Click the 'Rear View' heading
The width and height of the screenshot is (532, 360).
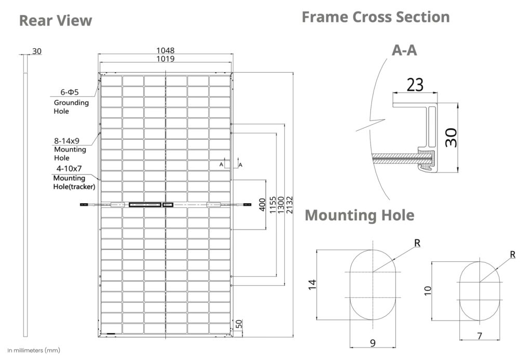pos(56,20)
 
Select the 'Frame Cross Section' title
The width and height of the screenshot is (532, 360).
pos(376,17)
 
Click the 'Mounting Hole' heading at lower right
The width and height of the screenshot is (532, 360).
pos(360,215)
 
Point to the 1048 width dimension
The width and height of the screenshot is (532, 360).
pos(166,51)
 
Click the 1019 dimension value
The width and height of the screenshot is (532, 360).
pos(166,59)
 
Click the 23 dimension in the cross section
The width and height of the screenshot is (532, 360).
pos(415,84)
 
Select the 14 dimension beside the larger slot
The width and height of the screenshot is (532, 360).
pos(312,285)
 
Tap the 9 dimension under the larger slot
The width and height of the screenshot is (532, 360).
pos(372,342)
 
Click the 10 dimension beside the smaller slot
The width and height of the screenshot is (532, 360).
pos(428,290)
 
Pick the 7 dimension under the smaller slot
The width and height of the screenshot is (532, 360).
pos(479,336)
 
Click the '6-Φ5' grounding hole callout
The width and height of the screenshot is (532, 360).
pos(69,92)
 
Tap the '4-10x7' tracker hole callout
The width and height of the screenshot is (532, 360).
pos(70,169)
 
